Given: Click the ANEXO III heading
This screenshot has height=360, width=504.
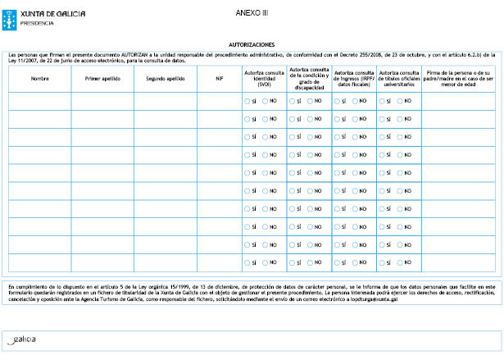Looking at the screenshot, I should (252, 13).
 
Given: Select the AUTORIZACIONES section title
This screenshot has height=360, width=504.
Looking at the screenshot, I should (252, 44).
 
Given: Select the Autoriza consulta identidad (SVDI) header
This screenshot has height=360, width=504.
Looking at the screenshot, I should (263, 78).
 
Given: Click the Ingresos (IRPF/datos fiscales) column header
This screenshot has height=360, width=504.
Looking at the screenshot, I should (354, 78).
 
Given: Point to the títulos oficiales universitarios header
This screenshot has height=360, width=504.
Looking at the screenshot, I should (398, 78).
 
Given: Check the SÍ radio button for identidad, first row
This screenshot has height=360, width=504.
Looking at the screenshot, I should (247, 101).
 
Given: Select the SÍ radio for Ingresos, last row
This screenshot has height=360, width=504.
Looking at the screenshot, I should (337, 262).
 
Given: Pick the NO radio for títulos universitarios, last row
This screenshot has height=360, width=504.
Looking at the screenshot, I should (401, 262).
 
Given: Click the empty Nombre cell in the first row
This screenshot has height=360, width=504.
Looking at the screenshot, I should (39, 101).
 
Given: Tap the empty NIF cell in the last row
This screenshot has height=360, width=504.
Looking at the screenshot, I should (219, 262).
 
